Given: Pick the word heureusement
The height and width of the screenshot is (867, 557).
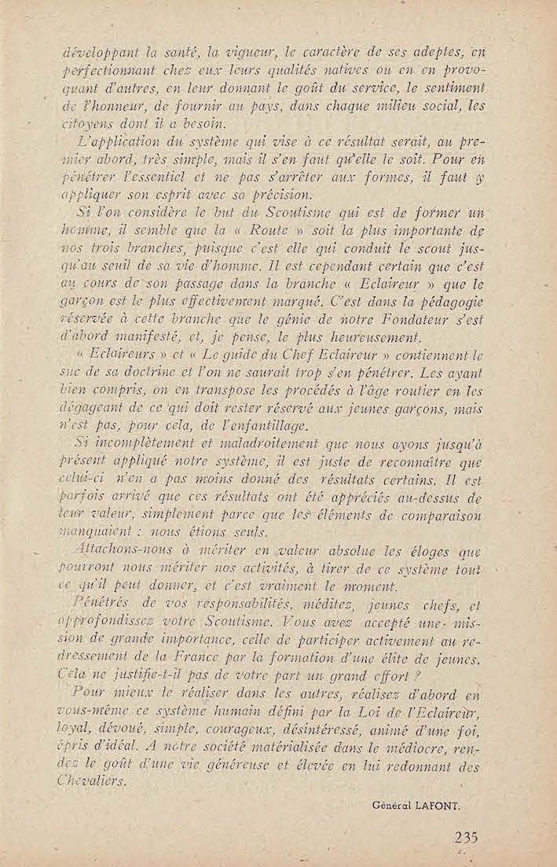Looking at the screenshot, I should click(369, 339).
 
